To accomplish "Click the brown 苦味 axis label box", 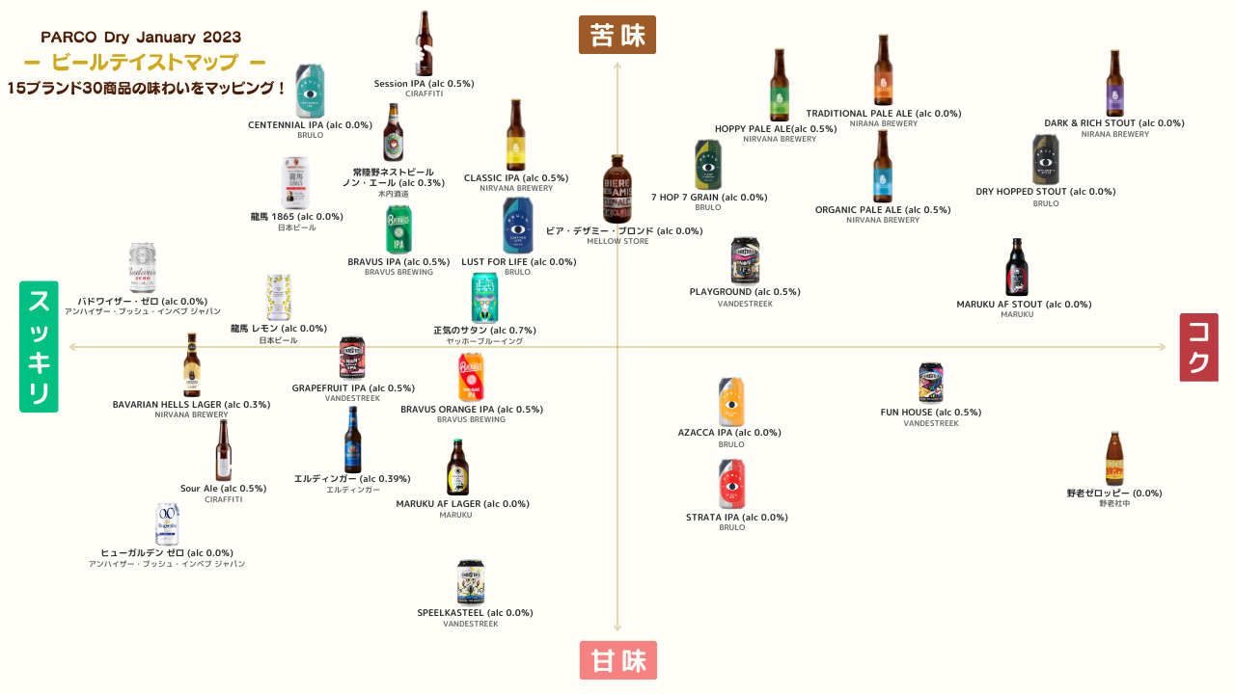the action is (617, 35).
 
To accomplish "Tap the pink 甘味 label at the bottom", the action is (618, 661).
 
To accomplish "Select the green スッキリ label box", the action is (39, 347).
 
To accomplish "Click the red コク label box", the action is (1198, 347).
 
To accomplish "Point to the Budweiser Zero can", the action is (142, 268).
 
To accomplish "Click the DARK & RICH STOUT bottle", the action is (1114, 84).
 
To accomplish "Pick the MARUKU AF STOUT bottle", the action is (1016, 267).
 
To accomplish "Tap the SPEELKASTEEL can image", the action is (470, 581).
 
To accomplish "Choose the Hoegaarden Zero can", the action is (167, 523).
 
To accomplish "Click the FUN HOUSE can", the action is (930, 383).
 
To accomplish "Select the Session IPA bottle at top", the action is (424, 43).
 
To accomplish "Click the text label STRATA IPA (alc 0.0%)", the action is (736, 518).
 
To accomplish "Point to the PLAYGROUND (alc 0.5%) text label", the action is (744, 292).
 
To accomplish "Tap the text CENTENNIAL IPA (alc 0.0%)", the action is (310, 125).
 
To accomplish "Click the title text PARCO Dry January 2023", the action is (141, 37).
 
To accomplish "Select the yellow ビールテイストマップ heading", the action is (144, 63).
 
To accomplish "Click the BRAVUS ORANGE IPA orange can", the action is (471, 377).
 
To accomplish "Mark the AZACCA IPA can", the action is (731, 402).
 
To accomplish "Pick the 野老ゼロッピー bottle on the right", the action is (1114, 459).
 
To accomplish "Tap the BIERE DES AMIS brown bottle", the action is (617, 189).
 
